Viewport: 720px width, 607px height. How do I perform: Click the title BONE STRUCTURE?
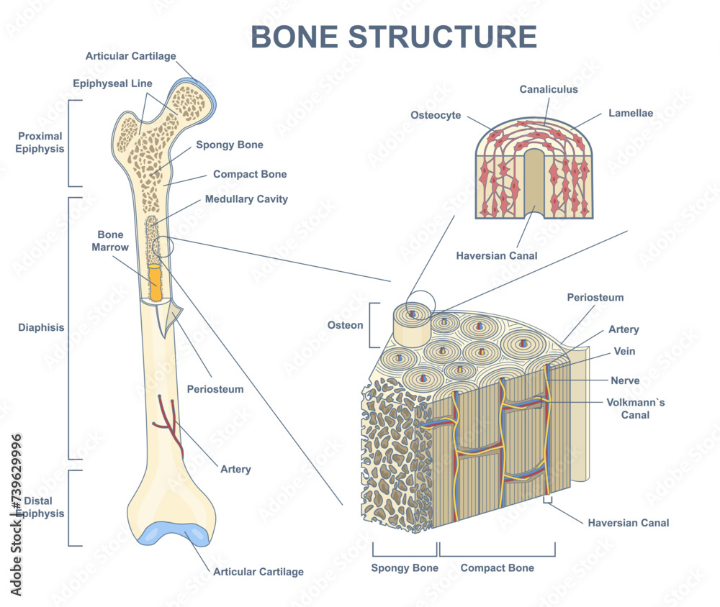coord(393,37)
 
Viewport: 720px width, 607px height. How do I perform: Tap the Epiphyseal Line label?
coord(112,83)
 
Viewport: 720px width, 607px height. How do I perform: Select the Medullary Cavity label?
coord(246,199)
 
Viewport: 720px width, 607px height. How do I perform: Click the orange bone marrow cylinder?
coord(155,282)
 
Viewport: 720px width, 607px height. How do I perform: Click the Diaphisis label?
coord(41,327)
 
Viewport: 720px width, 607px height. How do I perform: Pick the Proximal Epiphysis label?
coord(40,142)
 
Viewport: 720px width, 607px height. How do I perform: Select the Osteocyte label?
coord(436,115)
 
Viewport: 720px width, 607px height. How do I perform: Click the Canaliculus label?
coord(549,90)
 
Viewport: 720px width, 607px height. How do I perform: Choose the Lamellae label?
coord(631,113)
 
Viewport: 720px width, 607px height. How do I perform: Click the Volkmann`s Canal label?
coord(634,409)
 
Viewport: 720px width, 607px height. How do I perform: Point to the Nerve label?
coord(624,380)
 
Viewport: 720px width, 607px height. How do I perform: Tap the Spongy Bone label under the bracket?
coord(404,568)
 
